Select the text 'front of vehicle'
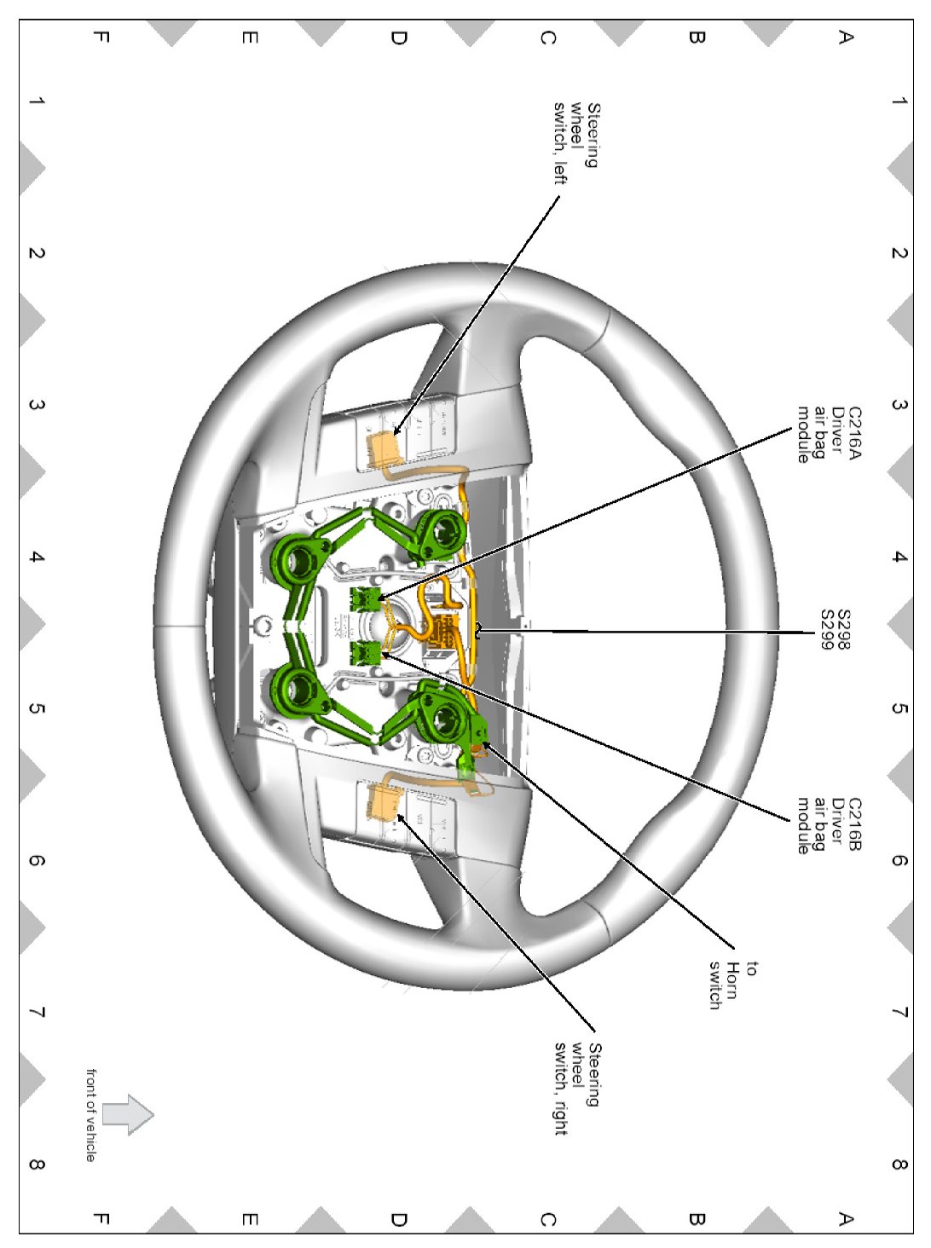click(x=90, y=1114)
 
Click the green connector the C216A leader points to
click(x=366, y=598)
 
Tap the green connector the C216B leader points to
click(x=367, y=653)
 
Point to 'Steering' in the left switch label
click(x=593, y=136)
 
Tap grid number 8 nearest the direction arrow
click(x=37, y=1164)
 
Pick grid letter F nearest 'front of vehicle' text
click(x=99, y=1218)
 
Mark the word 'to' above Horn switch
click(x=750, y=968)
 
